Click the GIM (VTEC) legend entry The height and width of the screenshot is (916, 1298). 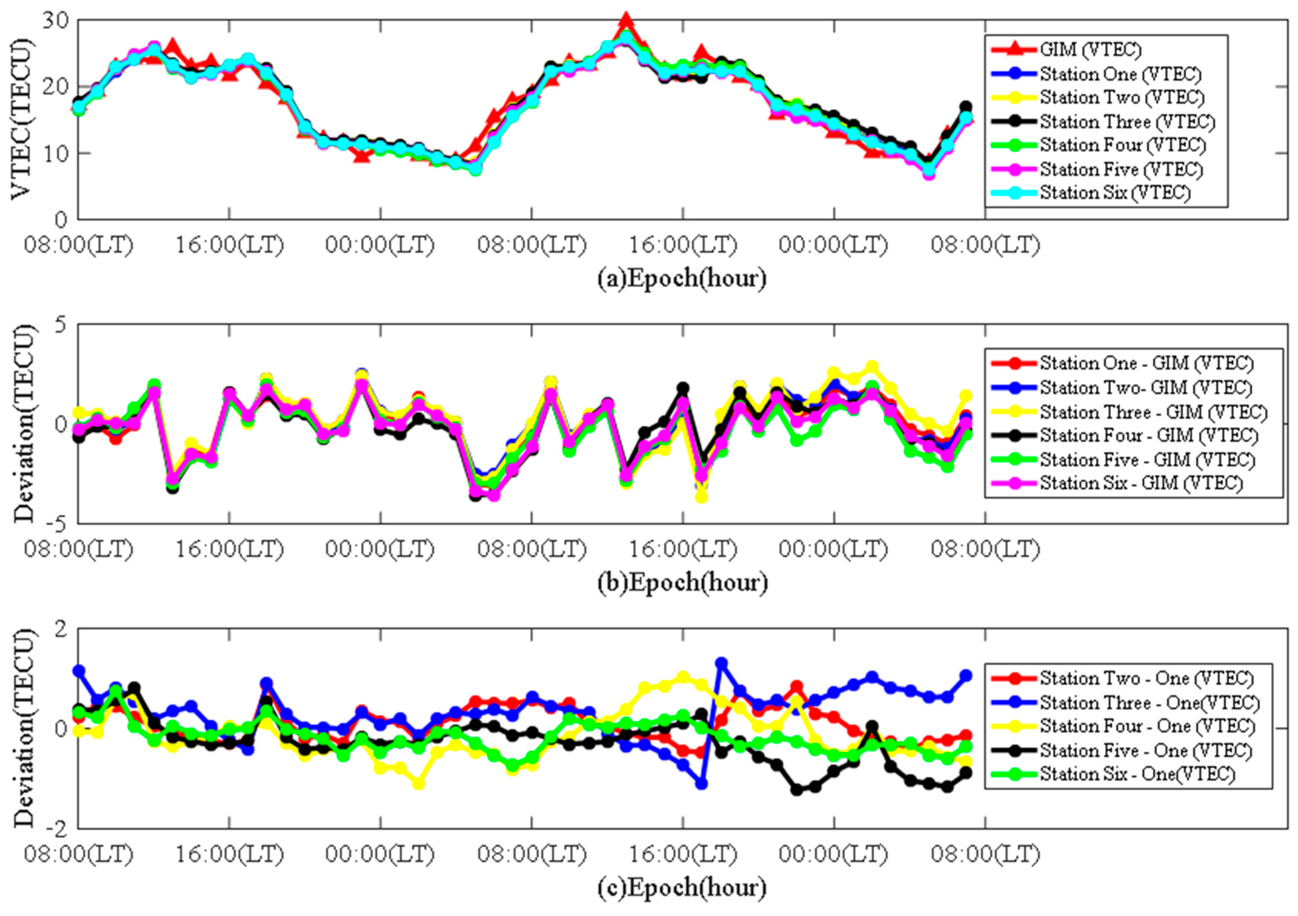pos(1090,50)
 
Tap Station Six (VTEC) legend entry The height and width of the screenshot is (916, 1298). pos(1114,193)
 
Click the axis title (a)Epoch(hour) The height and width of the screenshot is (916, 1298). pos(682,278)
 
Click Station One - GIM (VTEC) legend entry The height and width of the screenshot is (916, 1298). pos(1146,363)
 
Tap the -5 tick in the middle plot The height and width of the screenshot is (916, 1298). pos(57,523)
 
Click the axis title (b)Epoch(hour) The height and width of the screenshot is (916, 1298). pos(682,582)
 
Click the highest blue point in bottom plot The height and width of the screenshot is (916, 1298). pos(721,663)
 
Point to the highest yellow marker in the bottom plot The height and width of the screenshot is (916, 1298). pos(683,677)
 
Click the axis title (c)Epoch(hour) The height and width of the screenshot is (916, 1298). pos(682,888)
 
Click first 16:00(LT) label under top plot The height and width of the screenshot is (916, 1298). pos(229,245)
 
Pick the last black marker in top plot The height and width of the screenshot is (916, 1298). pos(966,106)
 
